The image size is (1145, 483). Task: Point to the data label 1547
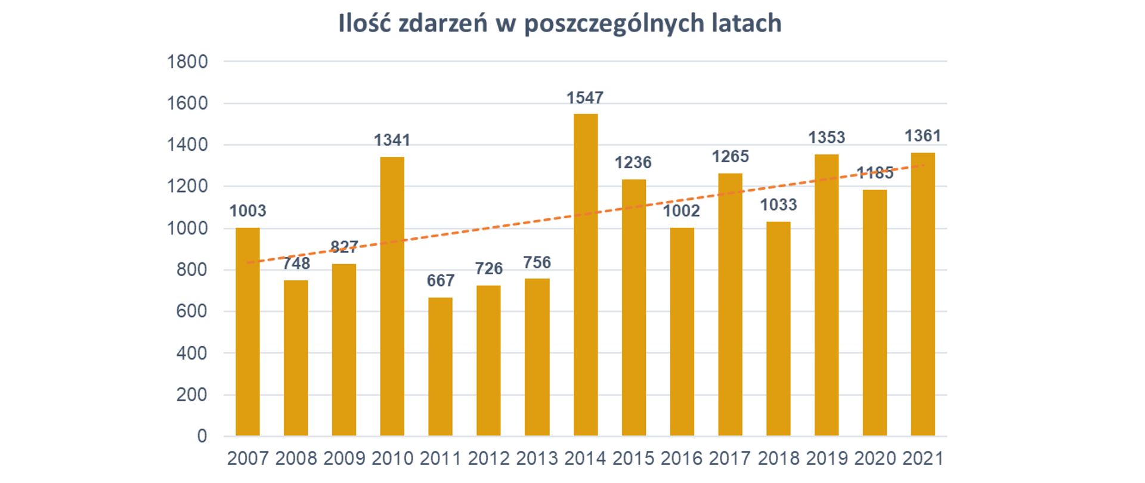pyautogui.click(x=585, y=98)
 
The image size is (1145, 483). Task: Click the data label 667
pyautogui.click(x=440, y=280)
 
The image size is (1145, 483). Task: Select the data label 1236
pyautogui.click(x=633, y=162)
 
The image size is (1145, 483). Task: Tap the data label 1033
pyautogui.click(x=778, y=205)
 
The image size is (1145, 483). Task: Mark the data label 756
pyautogui.click(x=537, y=262)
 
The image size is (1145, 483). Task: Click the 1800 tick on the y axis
pyautogui.click(x=187, y=61)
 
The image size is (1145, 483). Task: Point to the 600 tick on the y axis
pyautogui.click(x=191, y=311)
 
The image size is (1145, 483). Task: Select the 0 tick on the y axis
pyautogui.click(x=202, y=436)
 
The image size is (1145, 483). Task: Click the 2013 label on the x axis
pyautogui.click(x=537, y=459)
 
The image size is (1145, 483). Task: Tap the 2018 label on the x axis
pyautogui.click(x=778, y=459)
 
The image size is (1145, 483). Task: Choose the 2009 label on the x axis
pyautogui.click(x=344, y=459)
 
